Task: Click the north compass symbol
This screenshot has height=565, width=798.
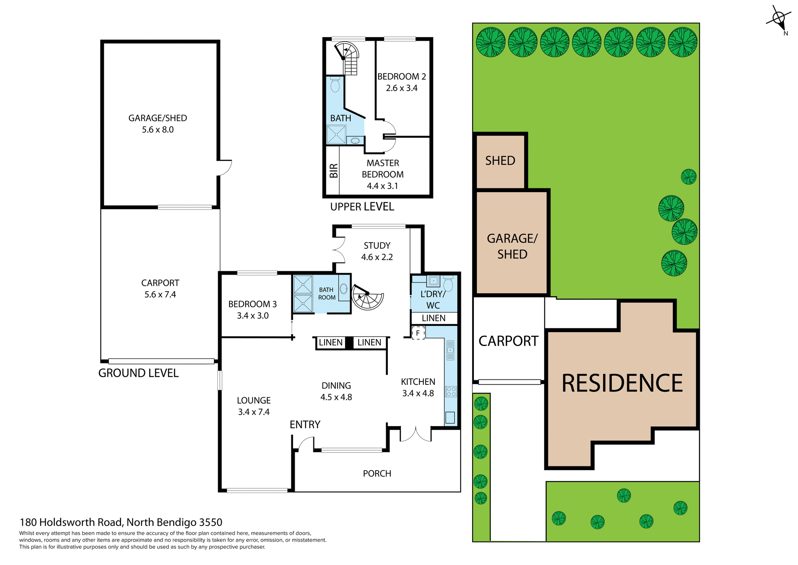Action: (x=778, y=19)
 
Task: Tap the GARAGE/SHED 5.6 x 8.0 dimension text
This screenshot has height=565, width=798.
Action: (x=158, y=129)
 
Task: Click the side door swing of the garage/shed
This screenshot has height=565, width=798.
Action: (x=225, y=167)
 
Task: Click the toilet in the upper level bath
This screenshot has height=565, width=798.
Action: (x=335, y=85)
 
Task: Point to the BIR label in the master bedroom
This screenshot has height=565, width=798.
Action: (x=333, y=171)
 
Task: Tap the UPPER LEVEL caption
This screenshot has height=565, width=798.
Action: (x=362, y=207)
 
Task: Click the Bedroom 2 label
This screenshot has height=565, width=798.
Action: (x=401, y=77)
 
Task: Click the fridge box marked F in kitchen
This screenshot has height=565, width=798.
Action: (x=418, y=333)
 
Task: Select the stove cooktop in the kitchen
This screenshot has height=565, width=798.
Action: (x=451, y=392)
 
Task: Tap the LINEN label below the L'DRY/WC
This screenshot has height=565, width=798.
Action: (x=433, y=318)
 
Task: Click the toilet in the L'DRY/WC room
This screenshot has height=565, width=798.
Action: (x=448, y=284)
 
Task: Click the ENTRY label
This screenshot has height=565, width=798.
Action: (x=305, y=424)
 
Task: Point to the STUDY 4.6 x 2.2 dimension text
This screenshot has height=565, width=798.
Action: (x=377, y=257)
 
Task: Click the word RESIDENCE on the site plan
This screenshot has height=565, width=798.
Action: (x=622, y=383)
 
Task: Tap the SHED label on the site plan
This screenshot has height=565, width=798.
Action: (x=500, y=161)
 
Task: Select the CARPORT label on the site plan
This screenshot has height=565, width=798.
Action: (x=508, y=341)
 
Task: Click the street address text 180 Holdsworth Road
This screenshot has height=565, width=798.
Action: (x=121, y=522)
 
